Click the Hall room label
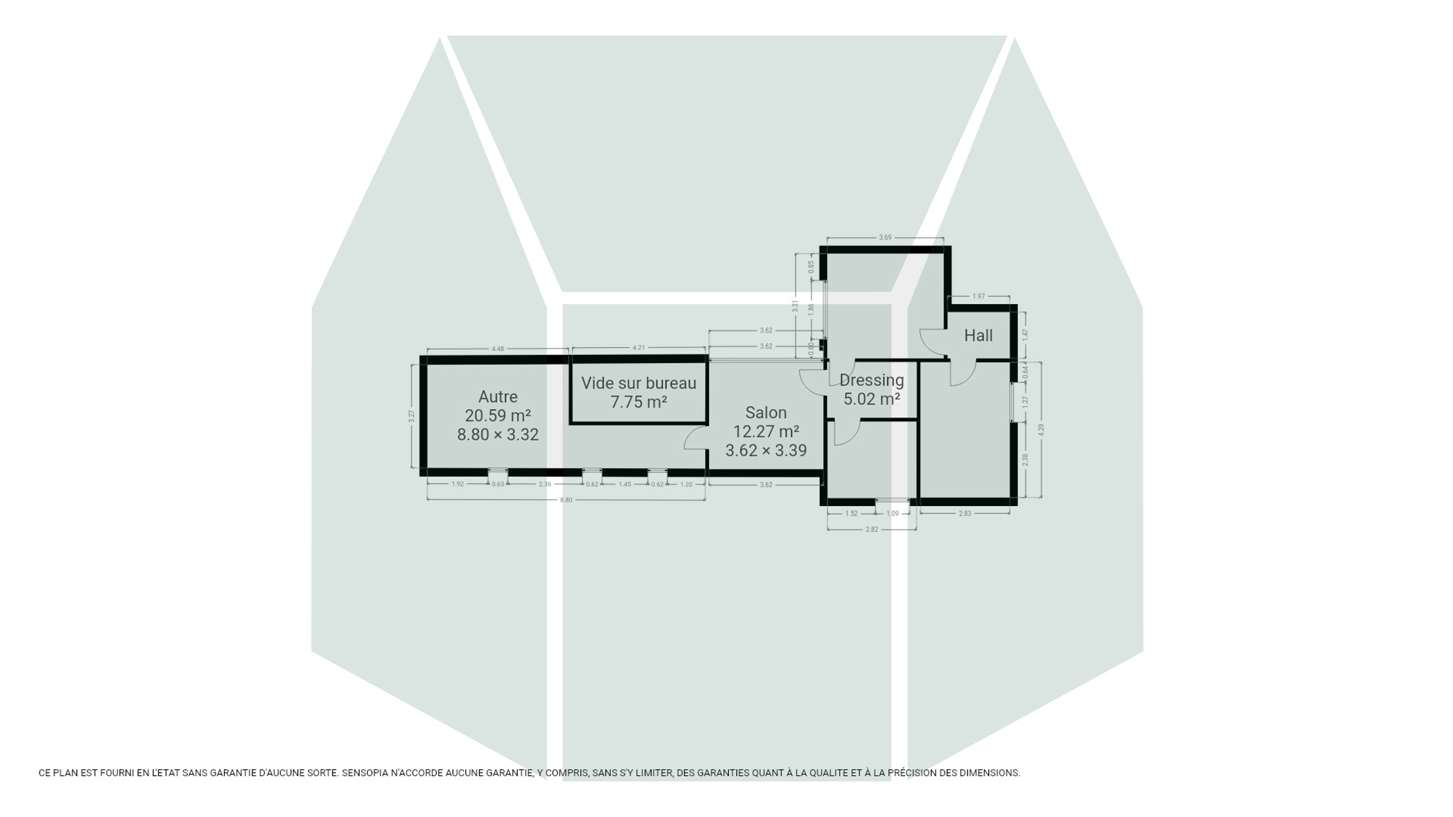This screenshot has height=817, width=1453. point(978,335)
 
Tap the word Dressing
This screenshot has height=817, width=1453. point(871,380)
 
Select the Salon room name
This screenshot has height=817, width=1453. point(766,412)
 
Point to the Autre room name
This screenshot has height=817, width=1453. point(498,397)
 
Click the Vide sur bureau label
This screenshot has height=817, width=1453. point(639,383)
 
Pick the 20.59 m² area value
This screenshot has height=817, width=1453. point(498,415)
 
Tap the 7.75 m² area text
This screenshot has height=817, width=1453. point(639,402)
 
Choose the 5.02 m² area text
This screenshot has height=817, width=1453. point(871,399)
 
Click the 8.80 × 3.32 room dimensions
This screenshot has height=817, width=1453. point(498,435)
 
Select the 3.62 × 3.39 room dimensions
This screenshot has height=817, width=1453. point(766,450)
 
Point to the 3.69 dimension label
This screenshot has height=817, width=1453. point(885,237)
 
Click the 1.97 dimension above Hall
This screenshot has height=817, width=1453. point(979,296)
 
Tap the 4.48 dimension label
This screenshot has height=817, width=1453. point(498,348)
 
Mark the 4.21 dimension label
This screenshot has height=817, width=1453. point(639,347)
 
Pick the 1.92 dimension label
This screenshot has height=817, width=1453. point(457,484)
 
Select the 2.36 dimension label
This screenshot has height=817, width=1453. point(545,484)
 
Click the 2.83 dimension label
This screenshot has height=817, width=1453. point(965,513)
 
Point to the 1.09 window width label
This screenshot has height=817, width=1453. point(893,513)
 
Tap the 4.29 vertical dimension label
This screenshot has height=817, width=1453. point(1041,430)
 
